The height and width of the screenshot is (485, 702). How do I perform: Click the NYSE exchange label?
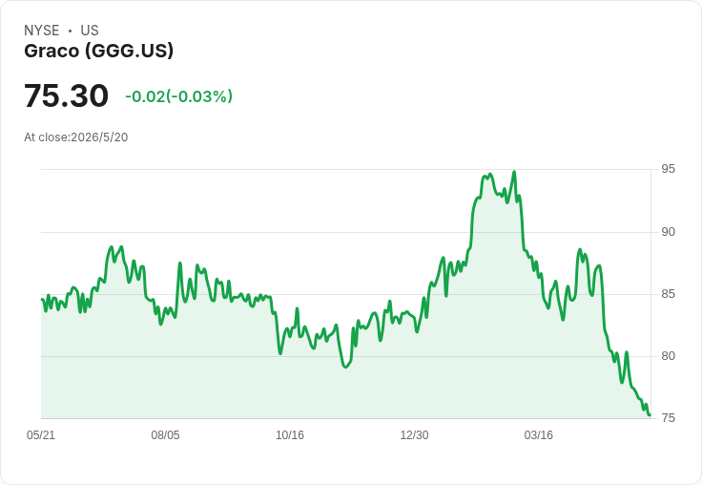pos(42,31)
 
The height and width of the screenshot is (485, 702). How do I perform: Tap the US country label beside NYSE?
pos(90,31)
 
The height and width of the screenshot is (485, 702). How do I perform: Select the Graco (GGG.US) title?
pos(98,51)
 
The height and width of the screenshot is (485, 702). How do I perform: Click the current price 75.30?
pos(66,95)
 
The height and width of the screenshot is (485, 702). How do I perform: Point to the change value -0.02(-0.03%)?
pos(178,96)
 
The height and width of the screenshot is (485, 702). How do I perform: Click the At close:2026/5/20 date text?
pos(76,137)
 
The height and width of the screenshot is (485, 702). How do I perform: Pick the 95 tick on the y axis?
pos(668,169)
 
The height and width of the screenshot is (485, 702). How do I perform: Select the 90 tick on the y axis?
pos(668,232)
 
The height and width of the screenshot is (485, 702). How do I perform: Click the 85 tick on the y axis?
pos(668,294)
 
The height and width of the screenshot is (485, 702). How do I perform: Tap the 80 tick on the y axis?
pos(668,356)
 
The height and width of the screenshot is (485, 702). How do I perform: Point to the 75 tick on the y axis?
pos(668,418)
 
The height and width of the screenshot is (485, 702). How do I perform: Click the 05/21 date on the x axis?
pos(41,434)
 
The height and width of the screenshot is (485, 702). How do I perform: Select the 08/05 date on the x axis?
pos(165,434)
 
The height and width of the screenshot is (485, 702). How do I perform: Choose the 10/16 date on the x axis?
pos(290,434)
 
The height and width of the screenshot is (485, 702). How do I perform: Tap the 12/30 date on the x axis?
pos(414,434)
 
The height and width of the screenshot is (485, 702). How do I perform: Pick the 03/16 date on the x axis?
pos(539,434)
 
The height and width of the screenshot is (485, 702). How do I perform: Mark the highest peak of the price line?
pos(514,172)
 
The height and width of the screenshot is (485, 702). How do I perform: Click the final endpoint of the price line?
pos(650,415)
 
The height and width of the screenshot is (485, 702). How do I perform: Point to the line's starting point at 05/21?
pos(42,300)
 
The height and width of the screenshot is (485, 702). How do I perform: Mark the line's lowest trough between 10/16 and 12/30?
pos(345,368)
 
